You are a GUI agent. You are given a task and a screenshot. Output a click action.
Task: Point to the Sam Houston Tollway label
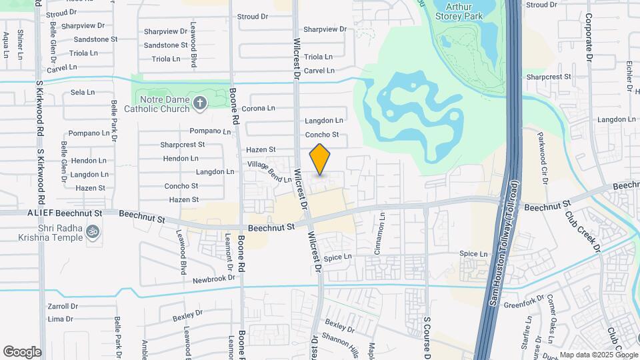[x=503, y=243]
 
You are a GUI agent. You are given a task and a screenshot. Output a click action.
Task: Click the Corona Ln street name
[x=258, y=108]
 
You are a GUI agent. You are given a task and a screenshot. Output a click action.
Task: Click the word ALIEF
[x=40, y=213]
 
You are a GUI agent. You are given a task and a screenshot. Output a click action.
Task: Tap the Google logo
[x=22, y=352]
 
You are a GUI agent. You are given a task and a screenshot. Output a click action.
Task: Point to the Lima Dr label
[x=60, y=319]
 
